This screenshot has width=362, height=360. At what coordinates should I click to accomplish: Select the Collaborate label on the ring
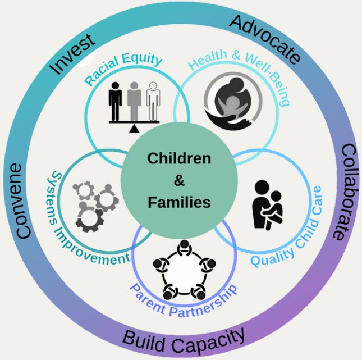pyautogui.click(x=341, y=192)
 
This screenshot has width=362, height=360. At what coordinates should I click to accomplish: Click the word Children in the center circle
pyautogui.click(x=179, y=158)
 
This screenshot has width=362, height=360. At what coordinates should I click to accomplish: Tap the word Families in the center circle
pyautogui.click(x=179, y=202)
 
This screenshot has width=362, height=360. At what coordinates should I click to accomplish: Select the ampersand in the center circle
pyautogui.click(x=179, y=180)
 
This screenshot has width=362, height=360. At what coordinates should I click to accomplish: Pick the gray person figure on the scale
pyautogui.click(x=134, y=102)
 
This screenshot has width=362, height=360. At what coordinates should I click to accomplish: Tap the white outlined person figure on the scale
pyautogui.click(x=152, y=102)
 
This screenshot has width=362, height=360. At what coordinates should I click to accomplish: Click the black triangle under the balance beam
pyautogui.click(x=134, y=130)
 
